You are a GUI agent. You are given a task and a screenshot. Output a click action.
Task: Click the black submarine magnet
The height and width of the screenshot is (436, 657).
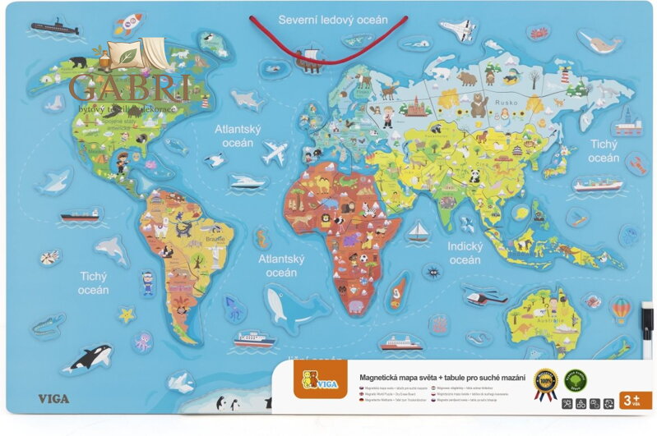point(54,28)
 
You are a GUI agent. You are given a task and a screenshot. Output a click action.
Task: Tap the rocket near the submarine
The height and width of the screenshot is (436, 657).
point(127,24)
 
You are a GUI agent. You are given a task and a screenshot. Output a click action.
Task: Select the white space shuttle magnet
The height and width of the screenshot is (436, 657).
point(457,31)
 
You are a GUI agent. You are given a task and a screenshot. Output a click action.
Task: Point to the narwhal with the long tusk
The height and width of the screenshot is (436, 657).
point(599,40)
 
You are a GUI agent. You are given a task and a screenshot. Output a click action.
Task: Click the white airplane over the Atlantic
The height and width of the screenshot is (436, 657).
point(274,153)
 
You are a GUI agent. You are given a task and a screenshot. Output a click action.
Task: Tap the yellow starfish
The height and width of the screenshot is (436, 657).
point(127,314)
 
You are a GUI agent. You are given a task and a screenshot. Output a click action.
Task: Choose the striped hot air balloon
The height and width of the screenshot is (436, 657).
point(620,310)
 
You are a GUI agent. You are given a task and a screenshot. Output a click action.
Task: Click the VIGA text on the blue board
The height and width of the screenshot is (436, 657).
point(53,399)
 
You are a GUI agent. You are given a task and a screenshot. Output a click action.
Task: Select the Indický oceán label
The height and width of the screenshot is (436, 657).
point(465,252)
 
